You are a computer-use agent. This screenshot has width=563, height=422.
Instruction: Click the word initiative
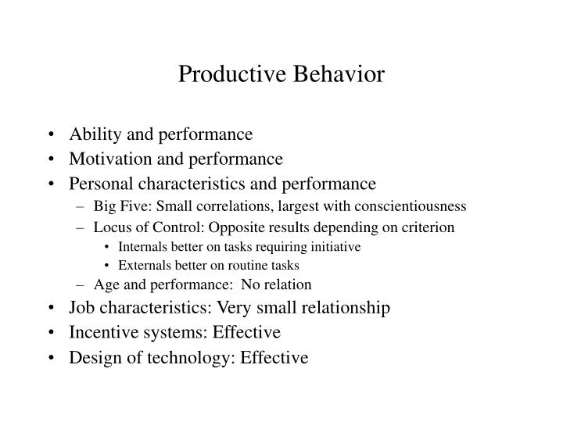coord(334,246)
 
